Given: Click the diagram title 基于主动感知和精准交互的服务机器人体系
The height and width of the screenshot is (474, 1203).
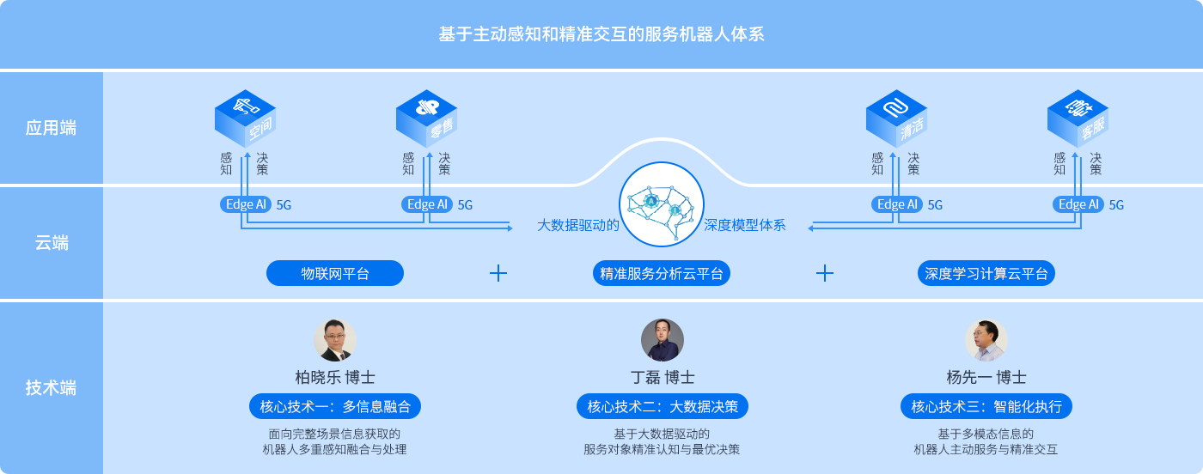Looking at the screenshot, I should click(x=601, y=34).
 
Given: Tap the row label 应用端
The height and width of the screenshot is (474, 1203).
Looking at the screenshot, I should click(x=51, y=128).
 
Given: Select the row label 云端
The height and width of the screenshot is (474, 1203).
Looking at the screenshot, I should click(x=51, y=243).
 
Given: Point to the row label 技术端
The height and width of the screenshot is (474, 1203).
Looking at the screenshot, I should click(x=51, y=387).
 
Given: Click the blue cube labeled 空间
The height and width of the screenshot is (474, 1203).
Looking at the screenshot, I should click(x=245, y=119).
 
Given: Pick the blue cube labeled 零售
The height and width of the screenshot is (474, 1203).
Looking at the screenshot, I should click(x=426, y=119).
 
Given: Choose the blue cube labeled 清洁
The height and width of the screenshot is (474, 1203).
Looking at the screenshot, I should click(x=896, y=119).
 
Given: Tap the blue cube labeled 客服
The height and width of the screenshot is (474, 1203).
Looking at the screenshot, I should click(x=1078, y=119).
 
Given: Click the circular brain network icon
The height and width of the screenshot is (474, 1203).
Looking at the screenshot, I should click(x=662, y=205).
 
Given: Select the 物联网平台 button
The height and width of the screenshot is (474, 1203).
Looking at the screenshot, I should click(x=335, y=274).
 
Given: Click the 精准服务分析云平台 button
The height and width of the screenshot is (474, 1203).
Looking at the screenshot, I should click(x=662, y=274).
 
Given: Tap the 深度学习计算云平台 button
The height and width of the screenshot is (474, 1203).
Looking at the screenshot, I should click(x=986, y=274).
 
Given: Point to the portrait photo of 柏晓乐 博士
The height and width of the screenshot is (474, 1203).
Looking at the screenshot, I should click(x=335, y=340).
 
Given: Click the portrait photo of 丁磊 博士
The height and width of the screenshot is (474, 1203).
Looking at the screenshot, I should click(x=663, y=340).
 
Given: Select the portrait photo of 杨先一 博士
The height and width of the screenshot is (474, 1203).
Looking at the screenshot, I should click(x=986, y=340).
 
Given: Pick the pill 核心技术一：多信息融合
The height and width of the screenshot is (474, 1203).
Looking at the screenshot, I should click(x=335, y=406).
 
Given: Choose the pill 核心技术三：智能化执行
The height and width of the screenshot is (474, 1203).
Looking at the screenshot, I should click(x=986, y=406).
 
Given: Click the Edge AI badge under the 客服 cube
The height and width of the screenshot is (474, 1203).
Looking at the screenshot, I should click(x=1078, y=204).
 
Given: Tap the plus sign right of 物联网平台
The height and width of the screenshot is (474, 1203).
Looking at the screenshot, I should click(x=498, y=273).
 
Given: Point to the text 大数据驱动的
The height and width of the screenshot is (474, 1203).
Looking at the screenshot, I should click(x=577, y=226).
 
